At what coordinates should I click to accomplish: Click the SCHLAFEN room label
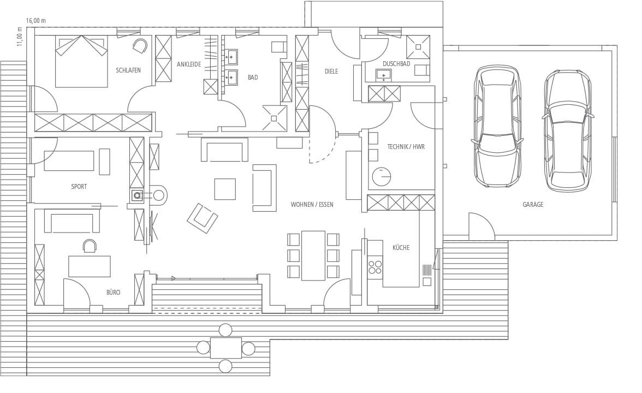coord(128,70)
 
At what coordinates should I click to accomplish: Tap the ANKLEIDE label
coord(189,64)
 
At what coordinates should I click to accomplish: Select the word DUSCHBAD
coord(396,64)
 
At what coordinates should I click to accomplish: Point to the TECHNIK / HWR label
coord(406,146)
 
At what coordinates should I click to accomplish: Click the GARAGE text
coord(533,205)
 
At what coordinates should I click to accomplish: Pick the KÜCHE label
coord(401,248)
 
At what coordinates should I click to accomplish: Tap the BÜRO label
coord(114,293)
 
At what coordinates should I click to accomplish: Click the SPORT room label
coord(79,187)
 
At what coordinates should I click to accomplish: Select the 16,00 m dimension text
coord(36,21)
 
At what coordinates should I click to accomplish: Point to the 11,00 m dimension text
coord(20,37)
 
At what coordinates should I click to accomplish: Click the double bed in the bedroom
coord(81,61)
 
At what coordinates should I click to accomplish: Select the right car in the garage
coord(568,130)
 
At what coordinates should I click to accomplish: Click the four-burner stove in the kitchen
coord(375,267)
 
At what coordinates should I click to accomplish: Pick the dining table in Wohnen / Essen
coord(313,255)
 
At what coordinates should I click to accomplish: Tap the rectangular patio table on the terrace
coord(225,348)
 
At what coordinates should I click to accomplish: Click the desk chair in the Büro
coord(90,245)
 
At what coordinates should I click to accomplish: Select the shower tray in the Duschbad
coord(418,47)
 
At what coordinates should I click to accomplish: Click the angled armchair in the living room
coord(202,218)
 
